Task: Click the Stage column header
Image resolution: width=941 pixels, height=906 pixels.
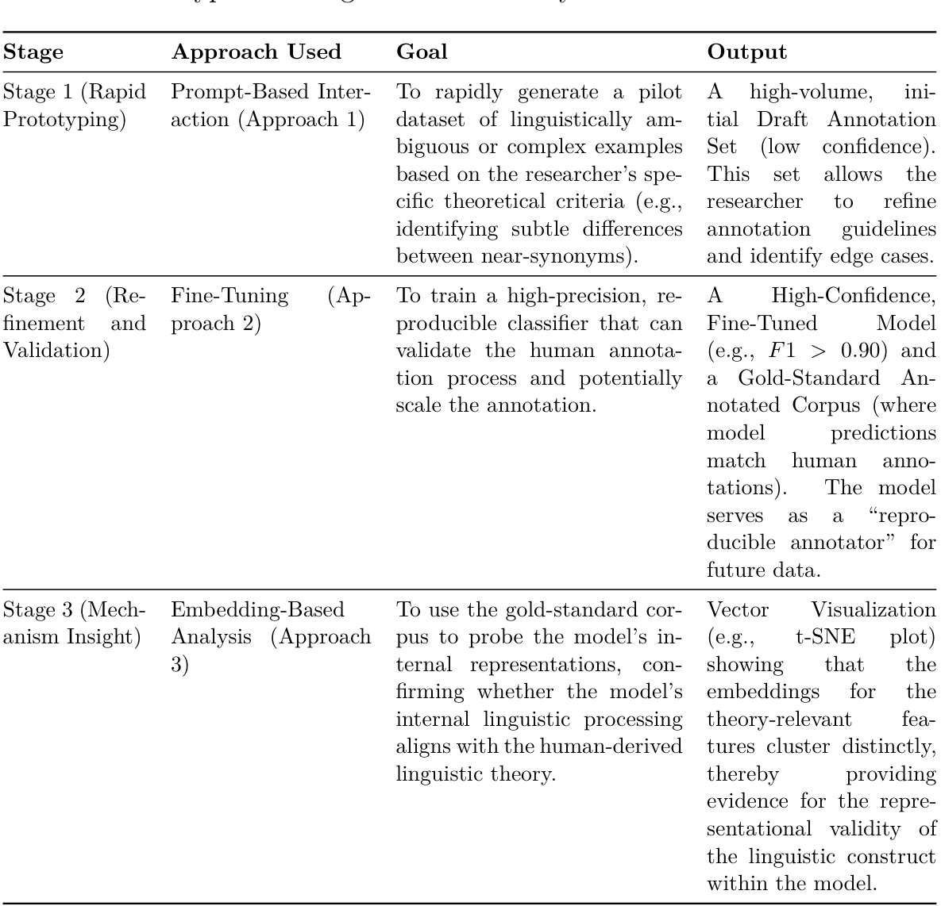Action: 33,52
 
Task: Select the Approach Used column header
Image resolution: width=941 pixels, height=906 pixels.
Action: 256,52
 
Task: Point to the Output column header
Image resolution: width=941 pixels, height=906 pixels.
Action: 746,52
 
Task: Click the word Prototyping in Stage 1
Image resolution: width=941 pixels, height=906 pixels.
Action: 64,121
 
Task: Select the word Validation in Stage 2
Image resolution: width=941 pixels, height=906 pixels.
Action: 56,351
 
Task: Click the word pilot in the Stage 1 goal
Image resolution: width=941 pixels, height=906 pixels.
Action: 660,93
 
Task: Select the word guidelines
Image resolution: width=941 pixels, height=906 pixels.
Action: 889,229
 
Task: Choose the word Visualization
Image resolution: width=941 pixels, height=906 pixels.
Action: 873,610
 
